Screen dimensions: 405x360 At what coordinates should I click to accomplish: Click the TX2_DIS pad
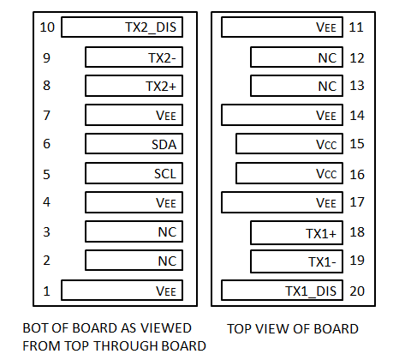click(122, 27)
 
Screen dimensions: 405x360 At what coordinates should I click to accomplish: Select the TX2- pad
click(134, 57)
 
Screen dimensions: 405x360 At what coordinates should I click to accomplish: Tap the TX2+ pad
click(134, 86)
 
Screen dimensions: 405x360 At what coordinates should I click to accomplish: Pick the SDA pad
click(134, 144)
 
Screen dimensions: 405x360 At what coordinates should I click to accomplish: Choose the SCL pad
click(134, 173)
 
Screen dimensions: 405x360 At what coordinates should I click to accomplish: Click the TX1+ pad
click(296, 232)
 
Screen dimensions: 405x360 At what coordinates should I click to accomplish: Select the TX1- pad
click(296, 261)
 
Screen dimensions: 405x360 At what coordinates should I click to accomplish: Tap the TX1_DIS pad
click(282, 291)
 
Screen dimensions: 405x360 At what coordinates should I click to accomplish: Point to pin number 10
click(47, 27)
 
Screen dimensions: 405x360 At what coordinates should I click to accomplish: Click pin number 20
click(357, 291)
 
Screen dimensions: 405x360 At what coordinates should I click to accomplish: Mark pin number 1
click(46, 291)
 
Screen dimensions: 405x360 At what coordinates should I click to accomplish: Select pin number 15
click(357, 144)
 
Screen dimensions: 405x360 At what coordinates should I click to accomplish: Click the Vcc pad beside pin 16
click(289, 173)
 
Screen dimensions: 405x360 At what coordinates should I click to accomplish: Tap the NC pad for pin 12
click(296, 57)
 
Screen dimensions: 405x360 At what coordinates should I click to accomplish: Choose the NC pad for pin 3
click(134, 231)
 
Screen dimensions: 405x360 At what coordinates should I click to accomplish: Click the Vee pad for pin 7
click(134, 115)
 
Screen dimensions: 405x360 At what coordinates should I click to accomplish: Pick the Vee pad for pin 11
click(282, 27)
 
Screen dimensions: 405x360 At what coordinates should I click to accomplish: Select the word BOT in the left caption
click(36, 328)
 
